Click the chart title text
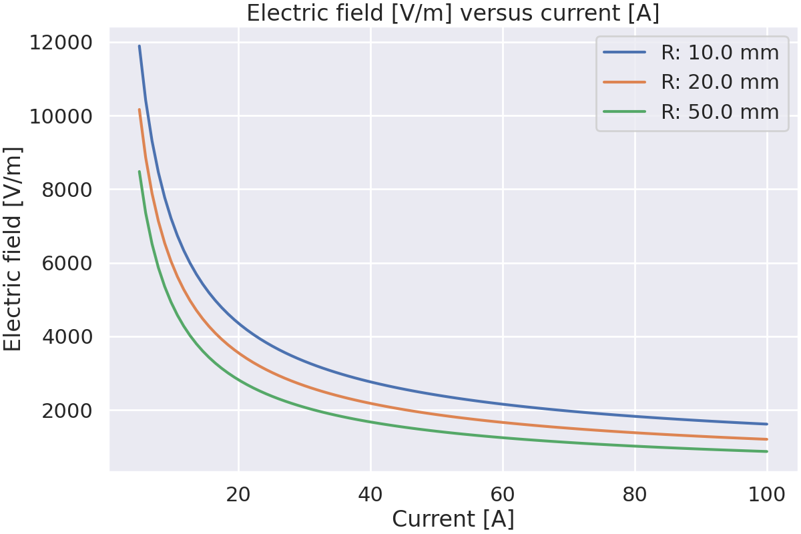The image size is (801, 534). point(453,13)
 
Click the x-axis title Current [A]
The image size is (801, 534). point(453,519)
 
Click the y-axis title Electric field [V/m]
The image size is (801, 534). point(13,248)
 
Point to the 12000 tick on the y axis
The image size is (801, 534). point(61,43)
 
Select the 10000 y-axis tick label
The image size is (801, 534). point(61,116)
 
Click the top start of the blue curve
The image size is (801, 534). point(139,46)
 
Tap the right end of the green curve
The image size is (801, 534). point(767,451)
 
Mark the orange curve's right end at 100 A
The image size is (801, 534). point(767,439)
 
